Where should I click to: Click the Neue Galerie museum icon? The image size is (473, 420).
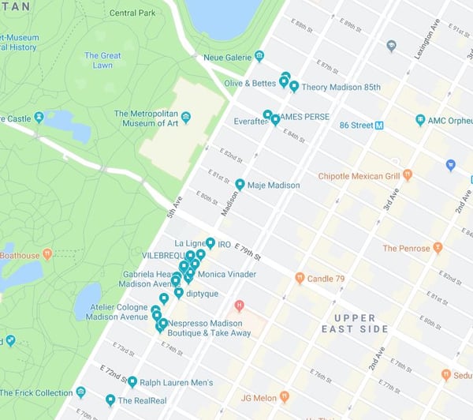pos(259,56)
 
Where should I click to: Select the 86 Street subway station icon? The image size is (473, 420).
pos(379,125)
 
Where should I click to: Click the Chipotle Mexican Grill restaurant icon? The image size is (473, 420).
pos(407,174)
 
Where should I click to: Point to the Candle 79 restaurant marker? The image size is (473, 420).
pos(300,278)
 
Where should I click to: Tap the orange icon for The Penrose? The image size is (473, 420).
pos(438,248)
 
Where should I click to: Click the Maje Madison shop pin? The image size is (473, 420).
pos(240,184)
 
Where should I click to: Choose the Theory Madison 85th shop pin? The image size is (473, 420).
pos(294,86)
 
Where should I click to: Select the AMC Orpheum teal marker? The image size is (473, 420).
pos(420,120)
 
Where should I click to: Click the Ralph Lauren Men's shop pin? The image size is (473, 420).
pos(132,382)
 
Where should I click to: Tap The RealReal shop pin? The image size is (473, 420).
pos(110,399)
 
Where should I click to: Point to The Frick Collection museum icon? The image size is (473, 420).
pos(80,392)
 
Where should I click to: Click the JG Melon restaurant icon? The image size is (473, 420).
pos(284,396)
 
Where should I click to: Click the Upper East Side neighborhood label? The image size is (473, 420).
pos(354,323)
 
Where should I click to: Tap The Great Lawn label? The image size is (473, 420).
pos(102,61)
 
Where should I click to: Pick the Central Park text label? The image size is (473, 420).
pos(132,13)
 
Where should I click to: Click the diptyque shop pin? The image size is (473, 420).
pos(178,293)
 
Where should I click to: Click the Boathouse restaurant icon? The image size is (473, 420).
pos(47,254)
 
